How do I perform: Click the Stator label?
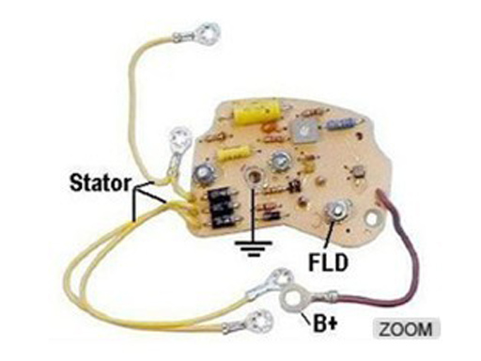[101, 182]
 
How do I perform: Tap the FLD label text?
[328, 262]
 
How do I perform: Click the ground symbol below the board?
[254, 248]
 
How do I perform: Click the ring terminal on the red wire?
[293, 299]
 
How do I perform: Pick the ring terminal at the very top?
[204, 34]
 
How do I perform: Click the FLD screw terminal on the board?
[336, 212]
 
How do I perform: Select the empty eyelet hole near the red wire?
[371, 219]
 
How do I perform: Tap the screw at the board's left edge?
[205, 173]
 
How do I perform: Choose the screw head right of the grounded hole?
[279, 162]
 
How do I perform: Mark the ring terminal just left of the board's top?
[179, 141]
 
